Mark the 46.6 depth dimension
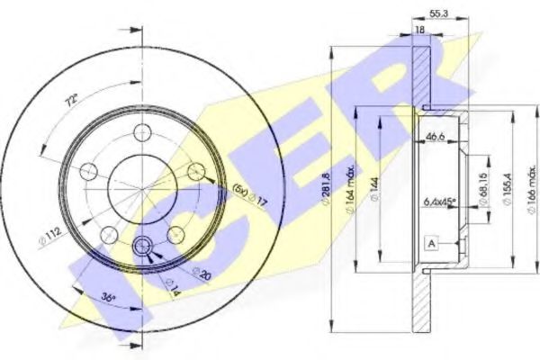point(434,136)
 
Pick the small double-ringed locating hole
point(142,247)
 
